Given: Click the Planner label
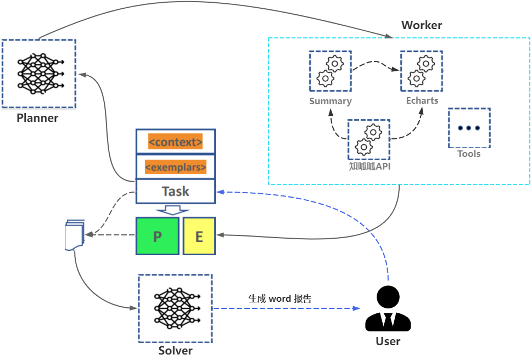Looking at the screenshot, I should [37, 117].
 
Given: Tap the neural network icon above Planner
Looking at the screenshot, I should [38, 73].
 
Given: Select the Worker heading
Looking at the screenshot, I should [421, 25].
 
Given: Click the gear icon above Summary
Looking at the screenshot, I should [330, 71].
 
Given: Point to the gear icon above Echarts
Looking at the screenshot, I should [421, 71].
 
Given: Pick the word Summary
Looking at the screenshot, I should [330, 101].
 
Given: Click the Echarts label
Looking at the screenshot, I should [422, 101].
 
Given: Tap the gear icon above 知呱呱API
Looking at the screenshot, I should [368, 139].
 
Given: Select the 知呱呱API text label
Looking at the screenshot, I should [369, 167].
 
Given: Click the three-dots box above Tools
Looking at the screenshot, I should [469, 128].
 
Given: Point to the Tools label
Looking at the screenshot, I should [469, 154].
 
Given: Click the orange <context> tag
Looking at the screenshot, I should [176, 142].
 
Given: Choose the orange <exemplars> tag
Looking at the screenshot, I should [176, 166].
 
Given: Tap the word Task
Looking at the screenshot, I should [176, 192].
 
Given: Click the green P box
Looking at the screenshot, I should [158, 236].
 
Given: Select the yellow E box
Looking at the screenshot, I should [199, 236].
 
